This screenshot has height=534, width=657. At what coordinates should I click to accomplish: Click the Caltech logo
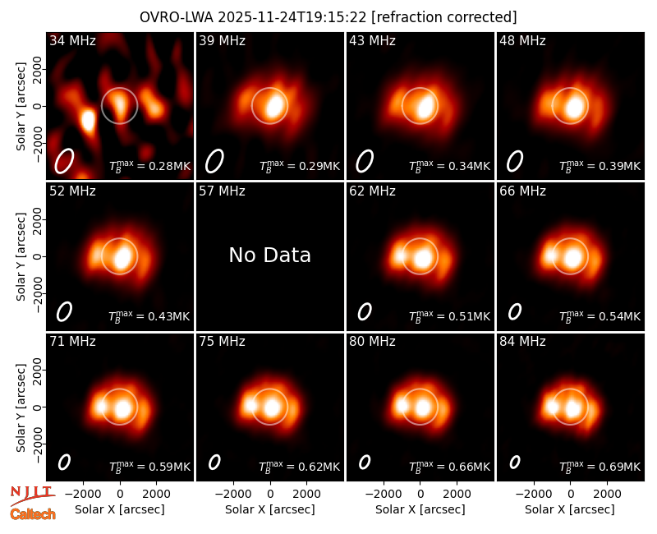click(x=33, y=514)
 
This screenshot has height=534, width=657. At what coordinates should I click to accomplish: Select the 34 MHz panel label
click(x=72, y=40)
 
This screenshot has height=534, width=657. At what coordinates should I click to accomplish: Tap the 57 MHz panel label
click(x=222, y=191)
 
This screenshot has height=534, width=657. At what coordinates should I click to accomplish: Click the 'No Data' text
click(x=270, y=255)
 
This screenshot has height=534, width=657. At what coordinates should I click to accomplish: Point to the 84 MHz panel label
click(x=522, y=342)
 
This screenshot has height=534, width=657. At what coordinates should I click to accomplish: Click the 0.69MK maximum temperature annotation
click(x=600, y=466)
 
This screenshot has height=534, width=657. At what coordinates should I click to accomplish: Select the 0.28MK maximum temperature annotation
click(x=149, y=165)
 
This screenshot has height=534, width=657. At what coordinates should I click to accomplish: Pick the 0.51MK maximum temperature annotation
click(x=449, y=315)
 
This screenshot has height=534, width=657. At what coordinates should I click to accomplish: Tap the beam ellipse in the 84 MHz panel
click(x=515, y=462)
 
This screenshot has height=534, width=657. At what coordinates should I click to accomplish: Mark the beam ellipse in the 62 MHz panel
click(x=365, y=312)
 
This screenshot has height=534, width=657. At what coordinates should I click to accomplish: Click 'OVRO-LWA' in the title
click(x=177, y=17)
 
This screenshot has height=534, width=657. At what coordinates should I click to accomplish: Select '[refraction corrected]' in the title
click(x=444, y=17)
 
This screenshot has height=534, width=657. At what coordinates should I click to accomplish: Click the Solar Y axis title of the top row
click(x=21, y=107)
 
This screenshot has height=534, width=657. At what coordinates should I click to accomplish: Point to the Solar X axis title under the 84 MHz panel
click(x=570, y=509)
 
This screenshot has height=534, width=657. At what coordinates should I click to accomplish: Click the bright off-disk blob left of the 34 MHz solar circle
click(x=88, y=120)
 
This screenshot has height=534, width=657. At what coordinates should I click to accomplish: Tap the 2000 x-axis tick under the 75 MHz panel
click(x=307, y=494)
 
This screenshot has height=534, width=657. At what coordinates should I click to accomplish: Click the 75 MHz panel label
click(x=222, y=342)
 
